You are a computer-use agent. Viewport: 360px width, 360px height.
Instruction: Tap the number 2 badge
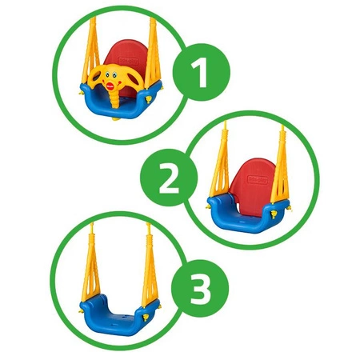click(x=169, y=178)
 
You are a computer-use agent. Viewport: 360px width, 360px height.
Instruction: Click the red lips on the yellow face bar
click(x=110, y=86)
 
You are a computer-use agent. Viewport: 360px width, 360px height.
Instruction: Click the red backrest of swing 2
click(x=252, y=184)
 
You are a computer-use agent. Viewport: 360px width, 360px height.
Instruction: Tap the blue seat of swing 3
click(x=119, y=317)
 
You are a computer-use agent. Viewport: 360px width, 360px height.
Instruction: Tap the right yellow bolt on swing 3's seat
click(x=146, y=318)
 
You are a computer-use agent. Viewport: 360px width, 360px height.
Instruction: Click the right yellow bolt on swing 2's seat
click(x=274, y=214)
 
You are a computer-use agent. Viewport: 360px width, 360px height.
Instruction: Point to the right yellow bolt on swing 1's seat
click(x=148, y=100)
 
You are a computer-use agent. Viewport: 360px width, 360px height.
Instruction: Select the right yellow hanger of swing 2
click(x=280, y=166)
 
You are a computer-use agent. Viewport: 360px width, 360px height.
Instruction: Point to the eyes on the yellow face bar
click(x=109, y=74)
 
